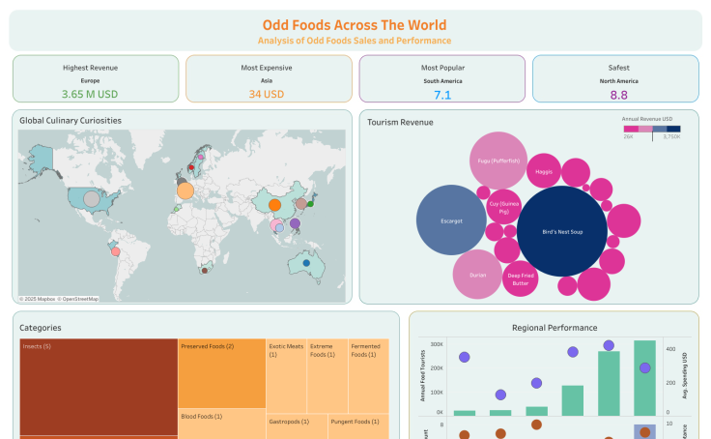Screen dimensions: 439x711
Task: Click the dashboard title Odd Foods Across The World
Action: click(355, 25)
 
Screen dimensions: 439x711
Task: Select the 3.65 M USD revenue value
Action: click(95, 95)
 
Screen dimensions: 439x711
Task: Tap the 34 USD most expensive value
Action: click(267, 95)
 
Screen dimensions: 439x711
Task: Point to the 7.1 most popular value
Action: click(442, 95)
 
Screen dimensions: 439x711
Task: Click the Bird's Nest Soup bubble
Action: click(561, 232)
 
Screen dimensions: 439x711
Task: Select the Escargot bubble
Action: click(451, 220)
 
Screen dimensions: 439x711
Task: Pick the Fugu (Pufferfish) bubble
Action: click(498, 161)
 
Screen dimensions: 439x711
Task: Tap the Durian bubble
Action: click(477, 275)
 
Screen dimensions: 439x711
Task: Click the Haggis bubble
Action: click(543, 171)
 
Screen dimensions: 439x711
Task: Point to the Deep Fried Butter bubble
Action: click(520, 278)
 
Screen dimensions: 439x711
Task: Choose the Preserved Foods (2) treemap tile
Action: click(221, 373)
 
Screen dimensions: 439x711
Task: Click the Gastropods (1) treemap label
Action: click(289, 422)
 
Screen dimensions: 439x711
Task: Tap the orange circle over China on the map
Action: click(274, 205)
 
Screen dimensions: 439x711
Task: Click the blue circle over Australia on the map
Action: click(306, 263)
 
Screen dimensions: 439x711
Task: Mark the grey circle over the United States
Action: click(91, 199)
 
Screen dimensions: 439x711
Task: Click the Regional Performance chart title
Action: click(555, 328)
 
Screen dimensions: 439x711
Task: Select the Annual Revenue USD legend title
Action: click(647, 118)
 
